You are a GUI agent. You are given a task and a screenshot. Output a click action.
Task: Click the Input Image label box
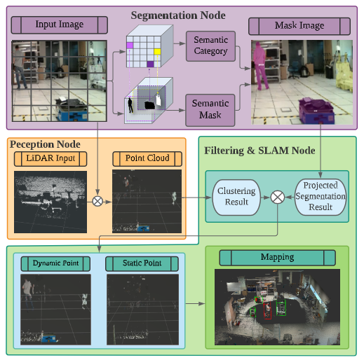[60, 25]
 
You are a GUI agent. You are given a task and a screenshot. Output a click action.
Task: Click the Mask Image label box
[299, 26]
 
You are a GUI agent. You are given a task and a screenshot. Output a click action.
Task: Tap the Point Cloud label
[147, 158]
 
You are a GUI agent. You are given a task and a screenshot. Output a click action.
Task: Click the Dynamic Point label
[55, 263]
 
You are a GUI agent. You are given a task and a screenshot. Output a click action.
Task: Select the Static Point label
[142, 263]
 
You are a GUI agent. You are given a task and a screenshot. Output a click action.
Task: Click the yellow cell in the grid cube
[158, 51]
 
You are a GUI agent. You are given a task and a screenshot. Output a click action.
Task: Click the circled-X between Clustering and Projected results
[278, 197]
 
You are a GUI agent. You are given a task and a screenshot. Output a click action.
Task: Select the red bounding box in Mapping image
[267, 310]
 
